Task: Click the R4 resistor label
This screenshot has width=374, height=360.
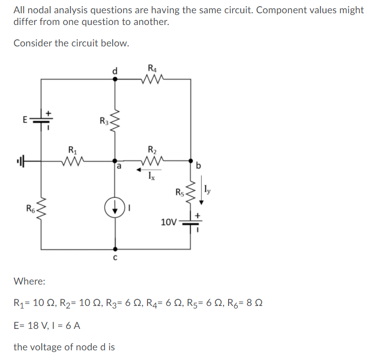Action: (153, 67)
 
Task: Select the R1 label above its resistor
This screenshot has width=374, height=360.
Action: (72, 150)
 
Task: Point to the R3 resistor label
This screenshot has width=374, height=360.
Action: (104, 121)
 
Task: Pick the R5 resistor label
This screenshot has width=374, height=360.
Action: (180, 192)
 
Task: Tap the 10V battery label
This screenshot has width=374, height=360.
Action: (168, 222)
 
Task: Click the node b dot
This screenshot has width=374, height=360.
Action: (191, 160)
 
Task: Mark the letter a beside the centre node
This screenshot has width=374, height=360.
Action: (119, 166)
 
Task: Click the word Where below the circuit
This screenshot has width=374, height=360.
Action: (29, 281)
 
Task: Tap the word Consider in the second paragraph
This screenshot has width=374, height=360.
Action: (33, 43)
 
